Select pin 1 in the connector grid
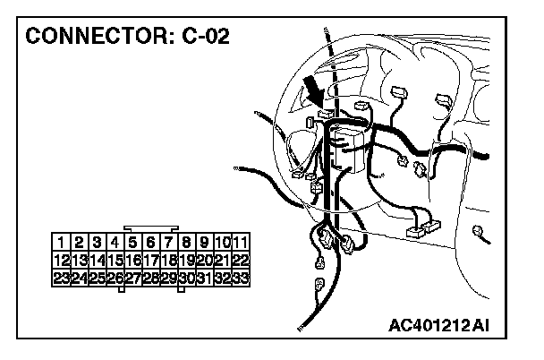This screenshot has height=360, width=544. [62, 242]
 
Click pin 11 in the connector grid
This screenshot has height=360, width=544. [241, 242]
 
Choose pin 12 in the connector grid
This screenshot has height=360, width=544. [62, 260]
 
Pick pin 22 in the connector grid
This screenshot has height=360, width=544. [241, 260]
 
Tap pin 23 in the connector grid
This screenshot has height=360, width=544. [62, 279]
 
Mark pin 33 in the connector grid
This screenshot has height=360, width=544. [241, 279]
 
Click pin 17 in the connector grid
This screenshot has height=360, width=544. [151, 260]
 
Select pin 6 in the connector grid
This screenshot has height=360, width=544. [151, 242]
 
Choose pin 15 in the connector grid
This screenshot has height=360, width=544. [115, 260]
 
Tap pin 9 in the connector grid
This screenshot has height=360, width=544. [205, 242]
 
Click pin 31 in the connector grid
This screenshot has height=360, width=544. [205, 279]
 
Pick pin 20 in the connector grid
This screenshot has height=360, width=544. [205, 260]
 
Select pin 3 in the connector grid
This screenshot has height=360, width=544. [98, 242]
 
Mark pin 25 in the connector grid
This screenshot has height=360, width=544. [98, 279]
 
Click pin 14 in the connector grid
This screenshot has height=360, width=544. [98, 260]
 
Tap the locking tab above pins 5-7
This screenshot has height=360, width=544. [151, 228]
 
